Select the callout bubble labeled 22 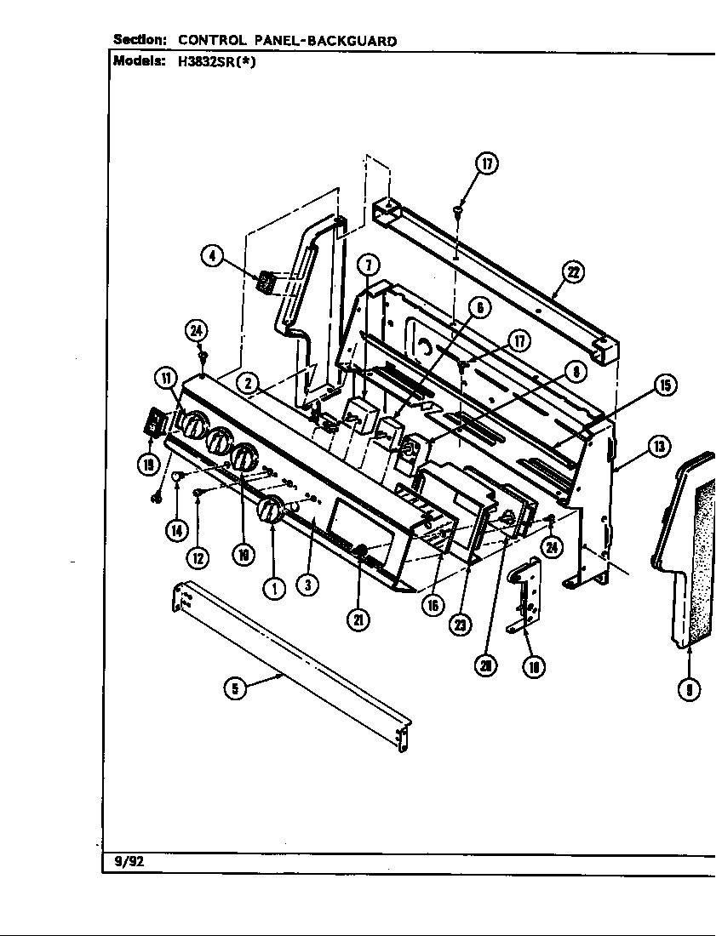click(x=571, y=272)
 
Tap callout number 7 click(x=367, y=265)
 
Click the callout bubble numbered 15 click(x=664, y=385)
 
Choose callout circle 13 click(x=657, y=445)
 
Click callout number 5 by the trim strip click(x=235, y=688)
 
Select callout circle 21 click(x=358, y=620)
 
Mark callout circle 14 click(x=176, y=530)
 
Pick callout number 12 click(x=198, y=557)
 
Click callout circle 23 click(x=461, y=625)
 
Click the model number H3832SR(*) click(x=211, y=61)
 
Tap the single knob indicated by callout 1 click(x=272, y=512)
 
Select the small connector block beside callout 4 click(x=266, y=283)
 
